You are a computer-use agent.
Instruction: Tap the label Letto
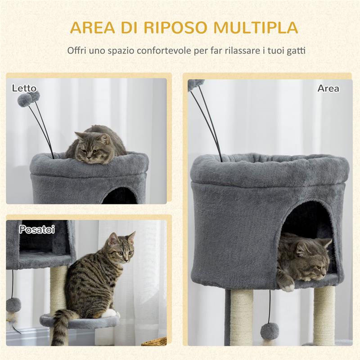pos(24,88)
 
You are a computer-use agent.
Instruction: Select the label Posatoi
pos(37,229)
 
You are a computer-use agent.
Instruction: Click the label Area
pos(328,88)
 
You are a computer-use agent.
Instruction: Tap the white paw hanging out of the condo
pos(286,284)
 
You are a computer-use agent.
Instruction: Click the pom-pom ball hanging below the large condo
pos(270,331)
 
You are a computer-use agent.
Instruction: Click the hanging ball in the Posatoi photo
pos(13,305)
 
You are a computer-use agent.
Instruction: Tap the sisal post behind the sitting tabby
pos(58,288)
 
